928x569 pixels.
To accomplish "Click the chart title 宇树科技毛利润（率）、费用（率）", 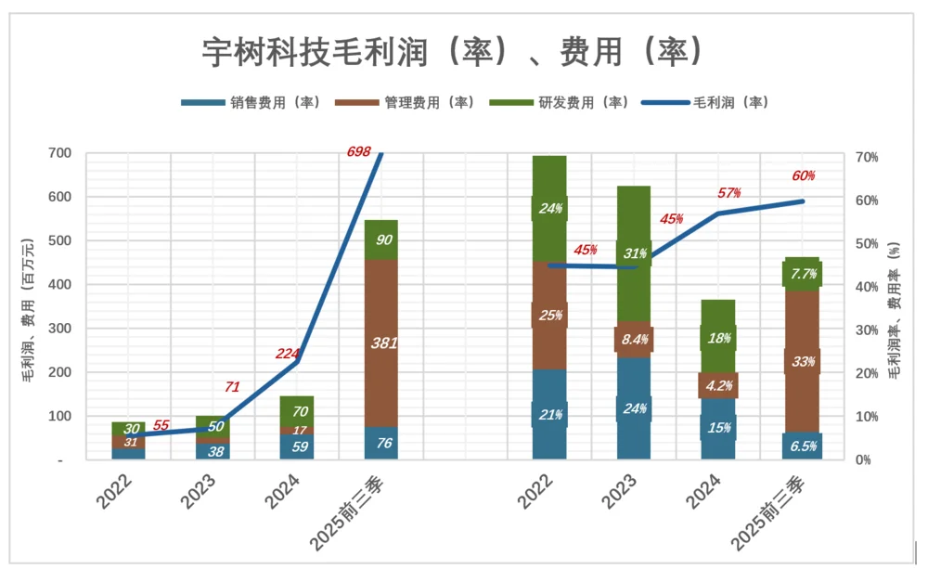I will click(452, 51).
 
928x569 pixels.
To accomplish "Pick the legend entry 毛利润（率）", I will click(705, 103).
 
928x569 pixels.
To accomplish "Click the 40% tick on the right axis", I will click(867, 287).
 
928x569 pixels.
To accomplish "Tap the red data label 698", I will click(360, 151).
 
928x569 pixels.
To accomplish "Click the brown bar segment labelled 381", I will click(380, 343).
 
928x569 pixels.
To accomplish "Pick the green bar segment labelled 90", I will click(380, 239).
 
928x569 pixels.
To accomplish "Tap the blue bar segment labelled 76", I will click(380, 443).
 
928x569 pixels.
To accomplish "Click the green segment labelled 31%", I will click(634, 253).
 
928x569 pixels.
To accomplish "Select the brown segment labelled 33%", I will click(802, 360).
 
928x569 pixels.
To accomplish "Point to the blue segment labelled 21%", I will click(549, 414).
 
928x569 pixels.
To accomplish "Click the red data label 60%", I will click(804, 176).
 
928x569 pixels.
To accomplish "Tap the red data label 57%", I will click(729, 193).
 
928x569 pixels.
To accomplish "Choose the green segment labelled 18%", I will click(717, 337).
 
